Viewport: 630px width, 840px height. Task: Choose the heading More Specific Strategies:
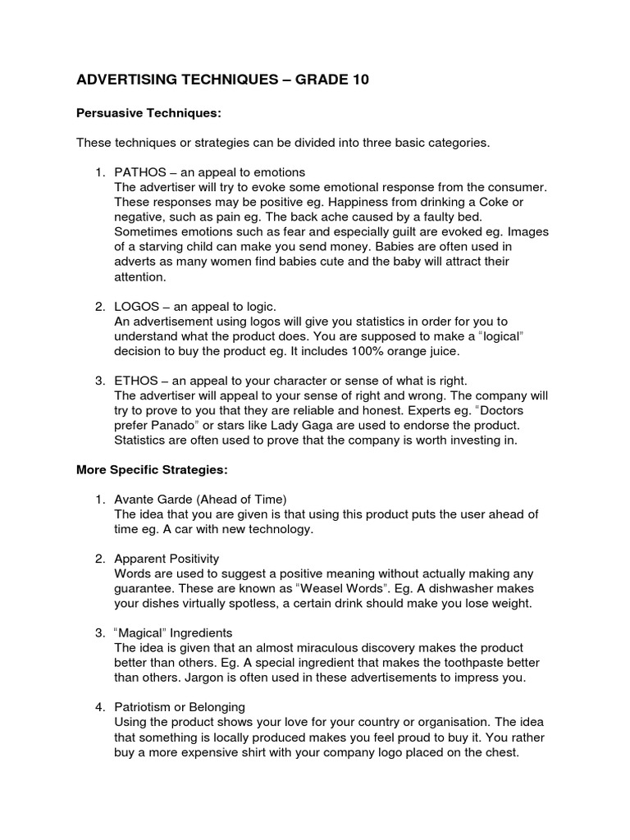pyautogui.click(x=152, y=470)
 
